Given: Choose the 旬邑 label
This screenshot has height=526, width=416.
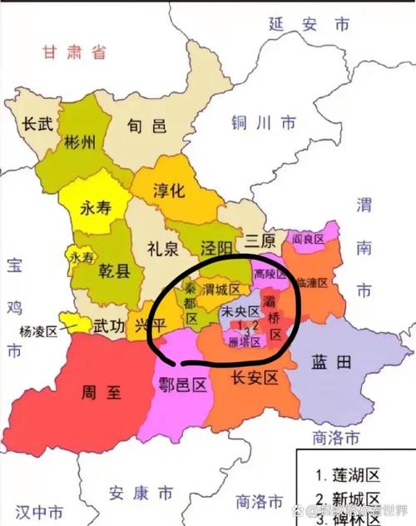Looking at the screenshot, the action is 147,127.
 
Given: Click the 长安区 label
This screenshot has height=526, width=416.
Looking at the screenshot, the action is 252,378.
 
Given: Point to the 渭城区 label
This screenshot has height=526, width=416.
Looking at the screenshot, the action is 223,290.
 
